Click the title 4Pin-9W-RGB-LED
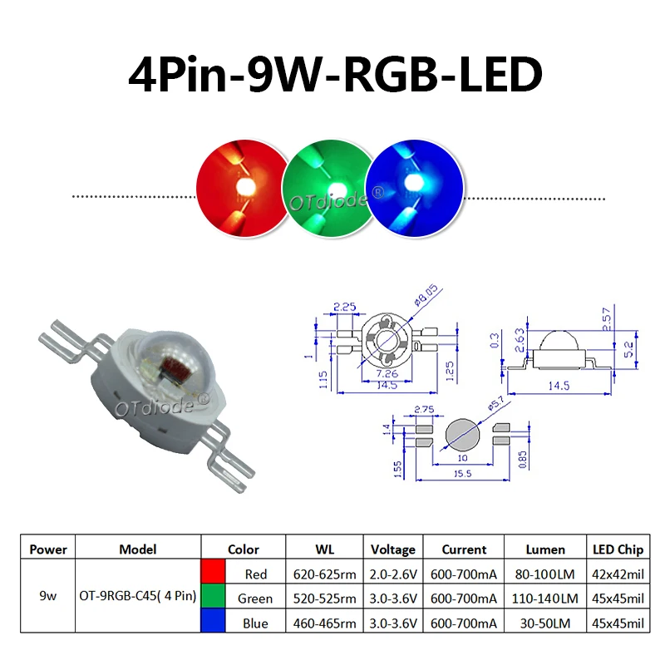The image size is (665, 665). tap(335, 75)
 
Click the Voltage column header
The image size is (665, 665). tap(393, 549)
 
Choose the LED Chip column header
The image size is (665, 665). tap(618, 549)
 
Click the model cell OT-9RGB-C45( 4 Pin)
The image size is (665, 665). tap(137, 598)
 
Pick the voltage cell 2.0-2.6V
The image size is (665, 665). tap(393, 574)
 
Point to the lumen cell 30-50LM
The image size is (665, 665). tap(545, 622)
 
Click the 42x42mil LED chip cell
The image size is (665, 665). tap(618, 574)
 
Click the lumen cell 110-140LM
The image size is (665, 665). tap(545, 598)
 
